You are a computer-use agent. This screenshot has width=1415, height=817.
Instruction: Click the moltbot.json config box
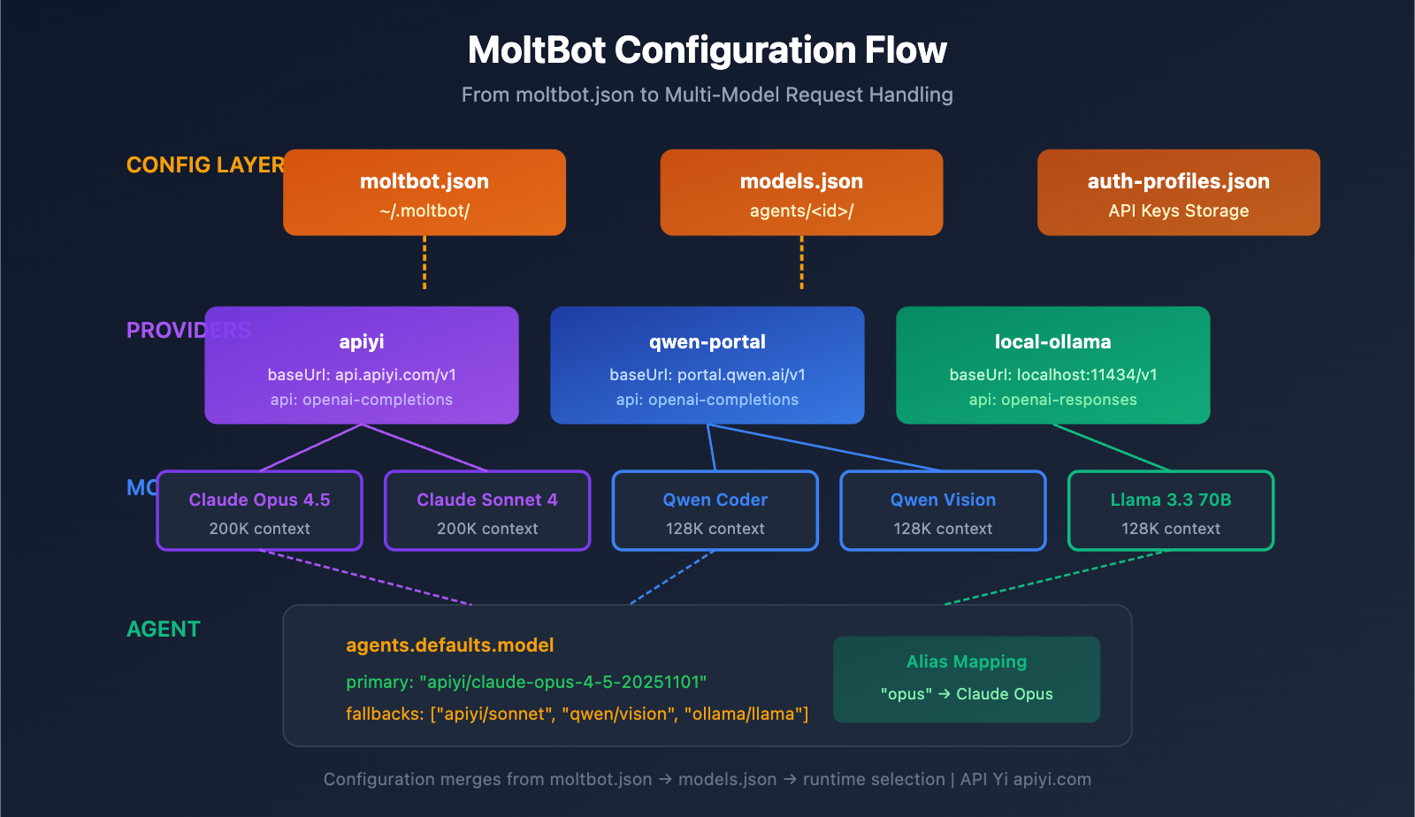point(424,193)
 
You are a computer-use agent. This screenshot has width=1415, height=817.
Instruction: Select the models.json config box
point(801,193)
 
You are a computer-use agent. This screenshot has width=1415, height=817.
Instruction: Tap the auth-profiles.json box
point(1178,193)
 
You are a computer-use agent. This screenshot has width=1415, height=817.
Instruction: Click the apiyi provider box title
point(361,341)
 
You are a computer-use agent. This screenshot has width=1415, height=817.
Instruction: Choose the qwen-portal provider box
point(707,365)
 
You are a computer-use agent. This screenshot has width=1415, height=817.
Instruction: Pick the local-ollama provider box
point(1052,365)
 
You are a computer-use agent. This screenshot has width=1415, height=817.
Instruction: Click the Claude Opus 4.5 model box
point(259,511)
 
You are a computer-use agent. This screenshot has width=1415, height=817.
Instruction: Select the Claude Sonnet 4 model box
point(487,511)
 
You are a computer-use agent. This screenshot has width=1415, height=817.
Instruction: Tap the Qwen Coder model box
point(715,511)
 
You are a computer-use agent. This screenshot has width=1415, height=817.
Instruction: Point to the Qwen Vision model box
point(943,511)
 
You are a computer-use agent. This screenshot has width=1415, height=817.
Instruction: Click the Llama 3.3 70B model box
point(1170,511)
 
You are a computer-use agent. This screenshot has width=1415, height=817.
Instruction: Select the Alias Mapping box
point(966,679)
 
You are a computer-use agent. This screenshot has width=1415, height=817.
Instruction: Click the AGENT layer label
point(164,629)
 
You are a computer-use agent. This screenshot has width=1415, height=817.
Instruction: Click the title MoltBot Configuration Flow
point(707,50)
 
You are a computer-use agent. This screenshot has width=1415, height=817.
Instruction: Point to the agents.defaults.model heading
point(449,645)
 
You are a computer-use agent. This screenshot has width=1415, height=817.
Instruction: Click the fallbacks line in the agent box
point(577,714)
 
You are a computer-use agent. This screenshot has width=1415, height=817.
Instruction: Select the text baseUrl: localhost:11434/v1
point(1052,375)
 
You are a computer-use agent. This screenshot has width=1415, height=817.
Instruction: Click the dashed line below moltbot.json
point(424,263)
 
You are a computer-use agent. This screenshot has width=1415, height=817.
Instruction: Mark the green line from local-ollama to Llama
point(1112,447)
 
